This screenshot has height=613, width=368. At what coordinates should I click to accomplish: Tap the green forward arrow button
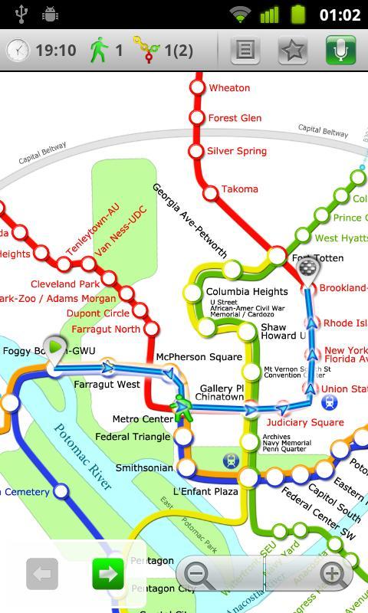pos(108,573)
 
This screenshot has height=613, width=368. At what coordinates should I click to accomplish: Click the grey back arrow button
pos(42,573)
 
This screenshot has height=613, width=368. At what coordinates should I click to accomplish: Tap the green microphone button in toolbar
pos(341,51)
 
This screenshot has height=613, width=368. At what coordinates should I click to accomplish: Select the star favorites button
pos(293,51)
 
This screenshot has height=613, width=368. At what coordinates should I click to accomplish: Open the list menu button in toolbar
pos(245,51)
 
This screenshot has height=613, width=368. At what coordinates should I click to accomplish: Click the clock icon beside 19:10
pos(18,51)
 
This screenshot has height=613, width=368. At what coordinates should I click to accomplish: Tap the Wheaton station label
pos(229,88)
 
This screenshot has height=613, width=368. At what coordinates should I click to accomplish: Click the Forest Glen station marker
pos(198,118)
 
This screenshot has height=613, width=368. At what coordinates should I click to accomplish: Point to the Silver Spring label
pos(237,151)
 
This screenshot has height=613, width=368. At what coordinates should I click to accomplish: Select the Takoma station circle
pos(209,189)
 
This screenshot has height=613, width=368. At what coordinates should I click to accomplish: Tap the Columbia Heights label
pos(247,292)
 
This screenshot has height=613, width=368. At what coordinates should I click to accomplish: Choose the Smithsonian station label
pos(144,467)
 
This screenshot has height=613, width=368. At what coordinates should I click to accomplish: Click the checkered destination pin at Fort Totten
pos(308,268)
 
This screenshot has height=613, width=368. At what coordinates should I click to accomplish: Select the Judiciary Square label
pos(305,422)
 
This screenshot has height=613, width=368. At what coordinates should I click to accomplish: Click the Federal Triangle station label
pos(133,437)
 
